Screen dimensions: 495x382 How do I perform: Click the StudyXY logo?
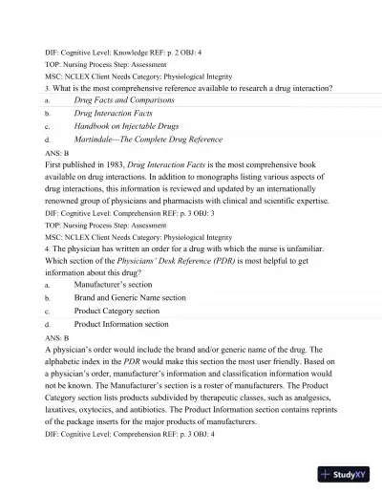(346, 474)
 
